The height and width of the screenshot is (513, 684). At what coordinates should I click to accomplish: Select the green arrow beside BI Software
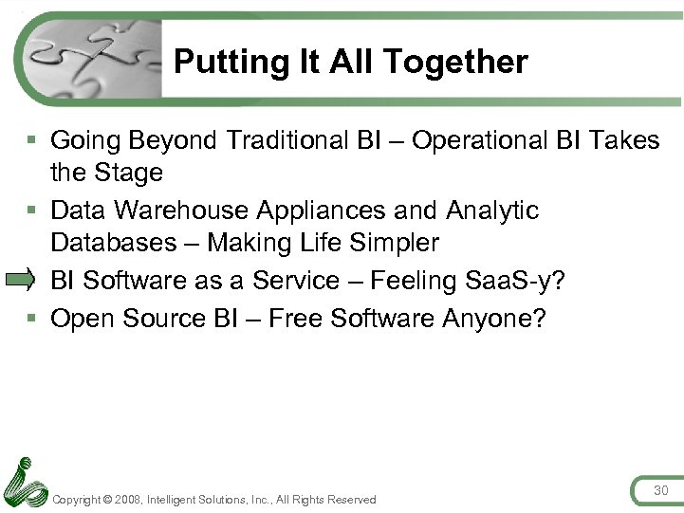point(20,280)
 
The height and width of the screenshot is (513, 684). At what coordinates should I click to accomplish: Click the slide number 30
point(660,489)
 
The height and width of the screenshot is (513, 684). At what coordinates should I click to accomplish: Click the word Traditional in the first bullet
point(295,140)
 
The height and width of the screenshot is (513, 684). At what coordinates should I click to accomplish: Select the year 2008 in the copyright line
point(127,500)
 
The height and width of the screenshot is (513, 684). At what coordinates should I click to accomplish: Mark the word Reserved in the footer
point(352,500)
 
